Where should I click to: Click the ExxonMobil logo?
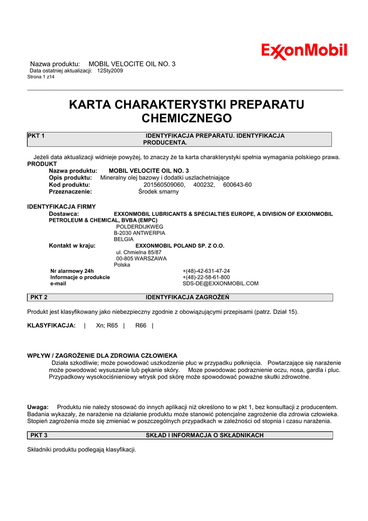coord(304,51)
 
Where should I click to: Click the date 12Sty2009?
coord(110,71)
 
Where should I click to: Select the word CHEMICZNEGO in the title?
coord(186,119)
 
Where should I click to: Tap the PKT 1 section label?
coord(37,136)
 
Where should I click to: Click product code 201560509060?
coord(165,185)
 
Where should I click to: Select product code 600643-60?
coord(237,185)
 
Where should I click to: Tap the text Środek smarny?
coord(159,192)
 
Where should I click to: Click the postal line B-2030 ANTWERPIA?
coord(139,233)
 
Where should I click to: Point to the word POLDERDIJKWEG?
coord(140,226)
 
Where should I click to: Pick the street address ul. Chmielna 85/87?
coord(139,252)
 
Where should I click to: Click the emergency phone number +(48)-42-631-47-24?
coord(206,271)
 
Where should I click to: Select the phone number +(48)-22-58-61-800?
coord(206,277)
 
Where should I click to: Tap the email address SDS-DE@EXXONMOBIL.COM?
coord(221,283)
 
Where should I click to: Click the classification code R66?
coord(141,325)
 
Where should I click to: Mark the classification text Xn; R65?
coord(107,325)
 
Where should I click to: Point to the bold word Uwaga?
coord(38,407)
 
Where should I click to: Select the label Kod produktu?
coord(69,185)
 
